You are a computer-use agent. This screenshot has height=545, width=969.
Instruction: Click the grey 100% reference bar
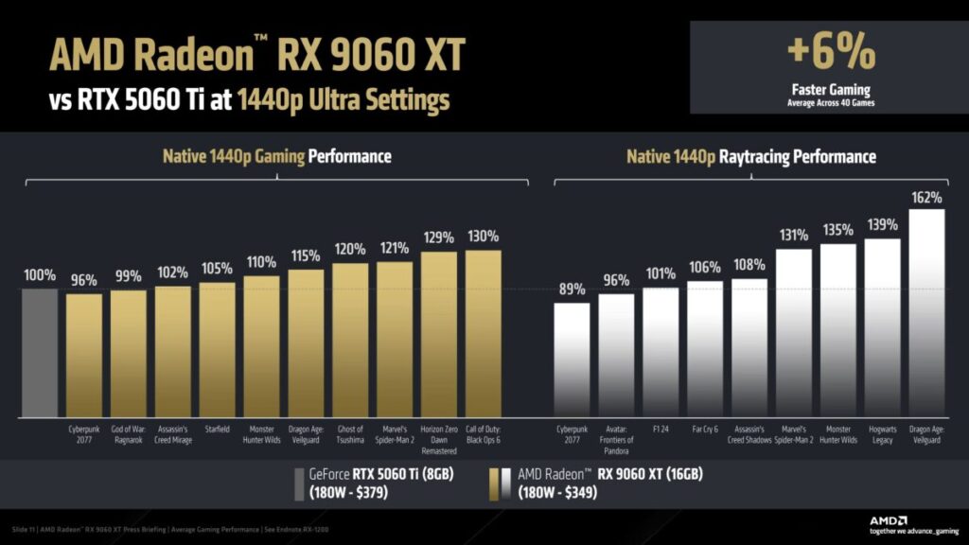pyautogui.click(x=40, y=353)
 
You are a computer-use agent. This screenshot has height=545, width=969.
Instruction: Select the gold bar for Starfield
pyautogui.click(x=217, y=350)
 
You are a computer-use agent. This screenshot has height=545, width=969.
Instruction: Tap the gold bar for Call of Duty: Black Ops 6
pyautogui.click(x=483, y=333)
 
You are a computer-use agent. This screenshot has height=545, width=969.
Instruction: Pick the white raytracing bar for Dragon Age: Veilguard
pyautogui.click(x=926, y=312)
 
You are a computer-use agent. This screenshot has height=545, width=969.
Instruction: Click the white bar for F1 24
pyautogui.click(x=661, y=353)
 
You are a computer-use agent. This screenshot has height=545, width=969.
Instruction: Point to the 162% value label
pyautogui.click(x=926, y=198)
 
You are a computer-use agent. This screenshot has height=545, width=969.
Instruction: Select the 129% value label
pyautogui.click(x=438, y=237)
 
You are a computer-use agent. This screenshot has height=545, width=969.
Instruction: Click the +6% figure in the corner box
pyautogui.click(x=832, y=54)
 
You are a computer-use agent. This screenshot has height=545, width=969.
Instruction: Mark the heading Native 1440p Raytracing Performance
pyautogui.click(x=750, y=156)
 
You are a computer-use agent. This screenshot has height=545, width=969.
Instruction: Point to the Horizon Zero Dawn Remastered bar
pyautogui.click(x=438, y=335)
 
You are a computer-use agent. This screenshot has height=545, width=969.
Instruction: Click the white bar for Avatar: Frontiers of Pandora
pyautogui.click(x=616, y=356)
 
